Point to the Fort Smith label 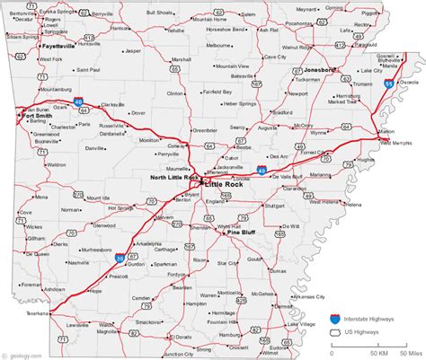click(x=38, y=115)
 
